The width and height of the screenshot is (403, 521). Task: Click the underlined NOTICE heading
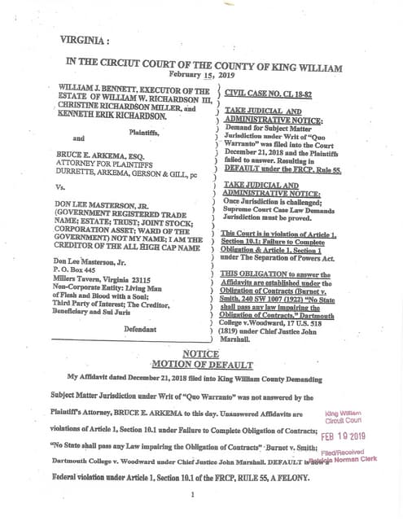pyautogui.click(x=200, y=354)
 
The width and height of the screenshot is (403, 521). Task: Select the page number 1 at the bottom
pyautogui.click(x=192, y=494)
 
